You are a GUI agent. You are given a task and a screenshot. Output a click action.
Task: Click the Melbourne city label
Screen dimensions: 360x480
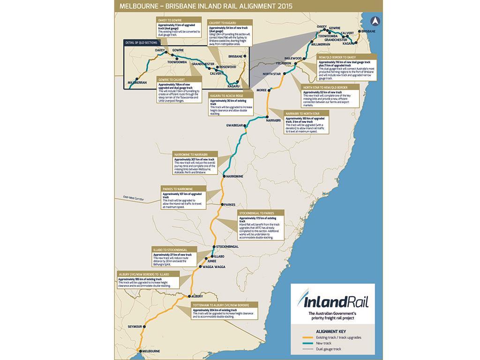coord(151,351)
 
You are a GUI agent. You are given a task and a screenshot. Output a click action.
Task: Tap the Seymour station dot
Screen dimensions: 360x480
coord(144,326)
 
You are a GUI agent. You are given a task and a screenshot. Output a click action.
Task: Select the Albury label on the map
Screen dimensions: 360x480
coord(197,297)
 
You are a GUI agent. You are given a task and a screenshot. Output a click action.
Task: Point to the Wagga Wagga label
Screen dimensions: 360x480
coord(214,267)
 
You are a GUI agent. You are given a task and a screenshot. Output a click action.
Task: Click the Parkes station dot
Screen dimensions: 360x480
coord(222,204)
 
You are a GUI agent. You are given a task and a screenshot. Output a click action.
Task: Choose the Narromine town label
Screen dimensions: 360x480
coord(234,176)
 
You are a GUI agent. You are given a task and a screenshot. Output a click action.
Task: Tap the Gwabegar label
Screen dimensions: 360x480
coord(234,126)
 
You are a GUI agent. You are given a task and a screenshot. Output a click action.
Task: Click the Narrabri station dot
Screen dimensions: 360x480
coord(267,117)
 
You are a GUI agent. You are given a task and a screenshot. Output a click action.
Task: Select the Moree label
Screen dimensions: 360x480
coord(261,90)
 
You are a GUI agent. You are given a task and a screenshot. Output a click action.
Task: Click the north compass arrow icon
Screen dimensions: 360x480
coord(375,21)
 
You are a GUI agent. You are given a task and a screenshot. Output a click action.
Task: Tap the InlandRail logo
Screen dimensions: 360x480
coord(332,300)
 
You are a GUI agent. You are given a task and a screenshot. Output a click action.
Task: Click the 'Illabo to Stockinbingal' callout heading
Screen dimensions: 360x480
coord(170,250)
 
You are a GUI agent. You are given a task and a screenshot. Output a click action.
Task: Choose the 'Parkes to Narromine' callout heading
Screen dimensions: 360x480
coord(178,189)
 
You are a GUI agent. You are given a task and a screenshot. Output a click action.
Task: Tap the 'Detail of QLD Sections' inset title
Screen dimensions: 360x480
coord(141,43)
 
